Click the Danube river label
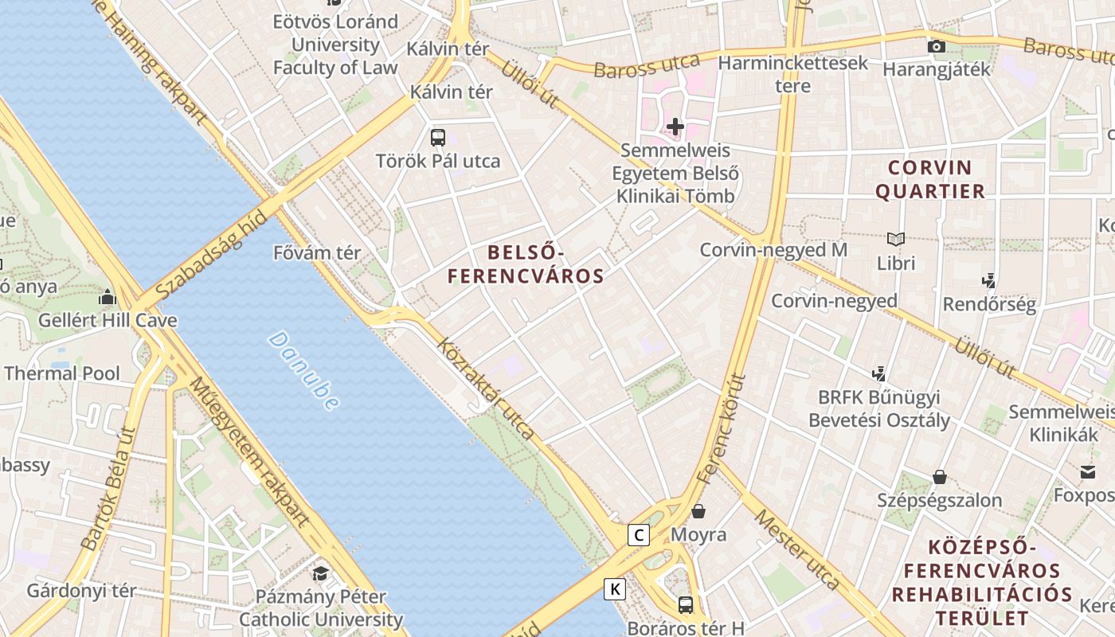pyautogui.click(x=303, y=371)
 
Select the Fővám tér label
pyautogui.click(x=317, y=253)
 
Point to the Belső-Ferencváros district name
pyautogui.click(x=526, y=264)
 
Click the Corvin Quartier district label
pyautogui.click(x=936, y=179)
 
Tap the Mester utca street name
pyautogui.click(x=797, y=549)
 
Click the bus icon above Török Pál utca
pyautogui.click(x=438, y=137)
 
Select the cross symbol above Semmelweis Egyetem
pyautogui.click(x=675, y=127)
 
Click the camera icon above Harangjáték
pyautogui.click(x=937, y=46)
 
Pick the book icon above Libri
pyautogui.click(x=896, y=239)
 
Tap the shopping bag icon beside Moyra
pyautogui.click(x=698, y=511)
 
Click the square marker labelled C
pyautogui.click(x=638, y=535)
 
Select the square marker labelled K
pyautogui.click(x=615, y=589)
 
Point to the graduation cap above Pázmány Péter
pyautogui.click(x=320, y=573)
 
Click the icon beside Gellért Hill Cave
pyautogui.click(x=108, y=298)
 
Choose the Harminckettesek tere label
pyautogui.click(x=793, y=73)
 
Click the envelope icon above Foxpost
pyautogui.click(x=1088, y=472)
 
